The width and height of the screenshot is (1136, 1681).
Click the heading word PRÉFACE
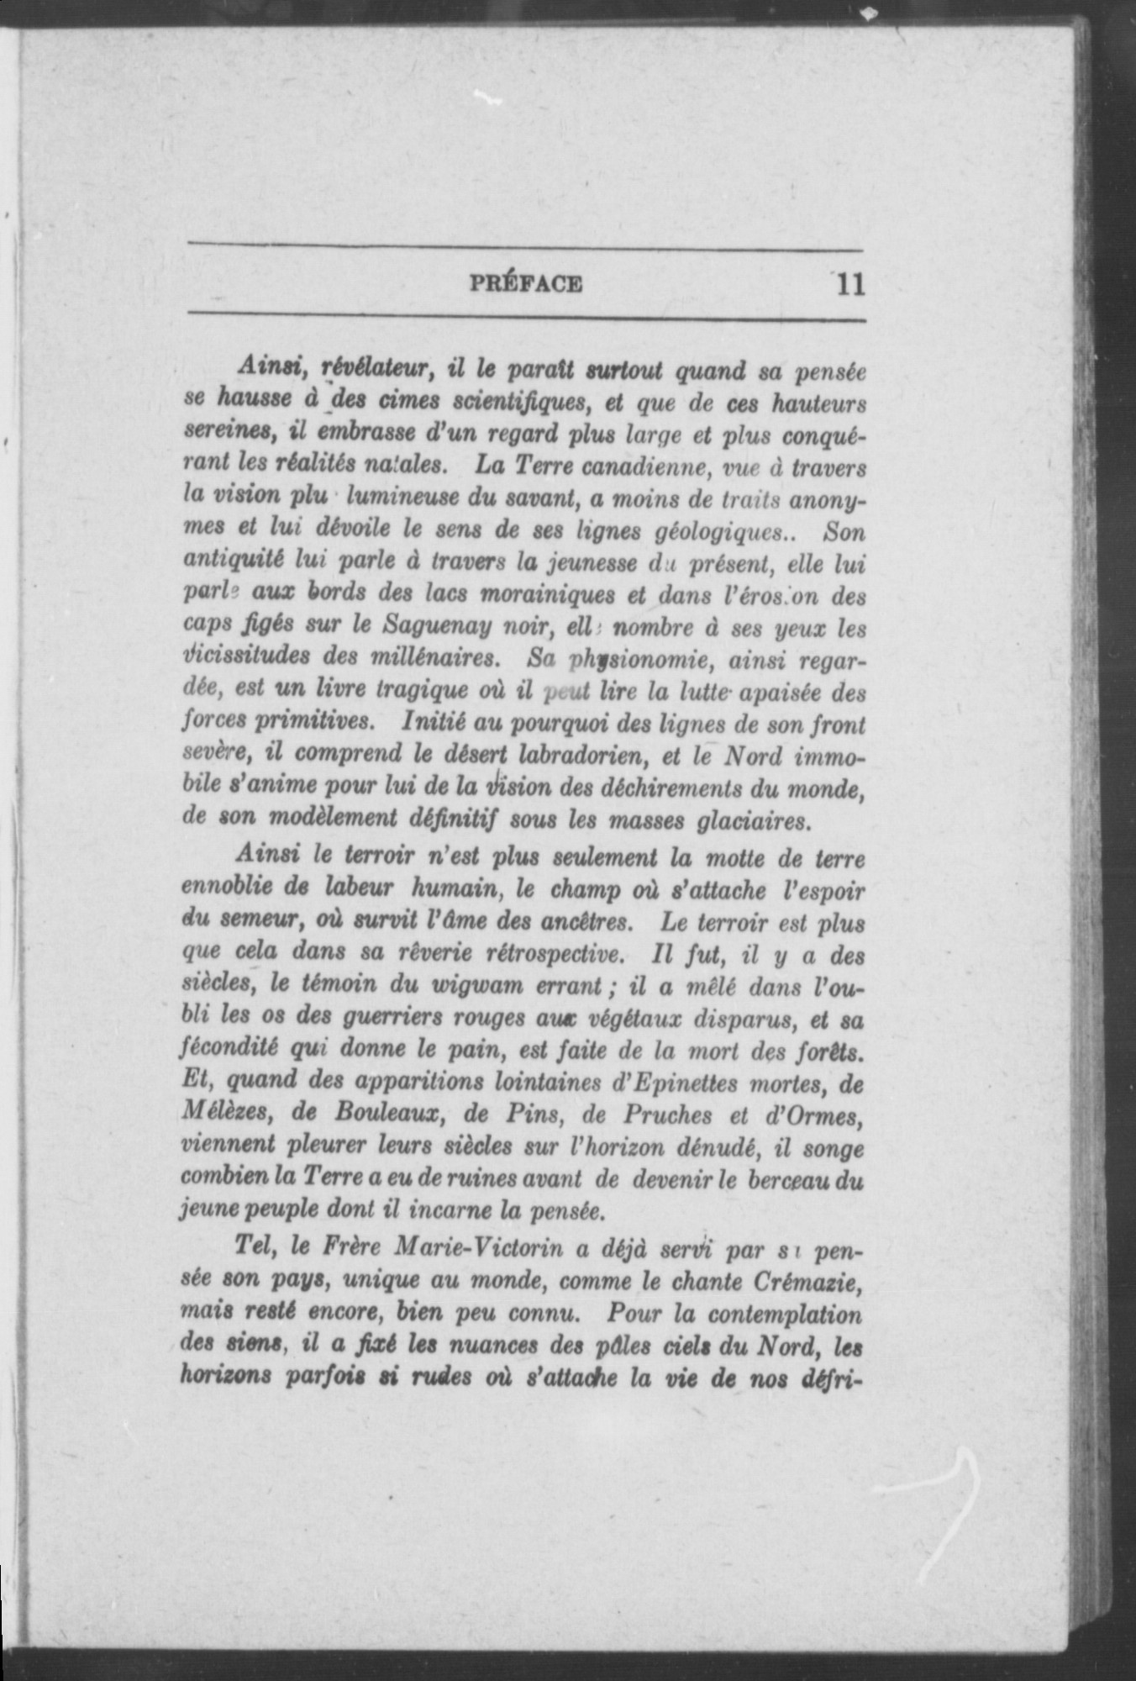tap(525, 283)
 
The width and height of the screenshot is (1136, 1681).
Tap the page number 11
tap(849, 284)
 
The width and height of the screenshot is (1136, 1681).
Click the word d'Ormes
tap(814, 1115)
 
